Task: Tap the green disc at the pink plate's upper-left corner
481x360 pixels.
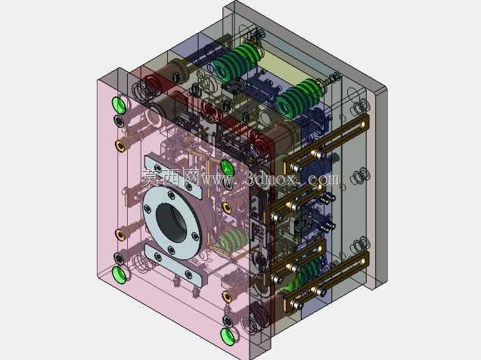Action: pos(119,105)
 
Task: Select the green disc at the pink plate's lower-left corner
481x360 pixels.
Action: pos(119,275)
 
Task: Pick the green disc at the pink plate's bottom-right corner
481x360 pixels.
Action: pos(228,337)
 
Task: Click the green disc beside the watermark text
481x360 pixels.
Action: pos(228,169)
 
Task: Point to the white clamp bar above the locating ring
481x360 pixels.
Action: pos(173,177)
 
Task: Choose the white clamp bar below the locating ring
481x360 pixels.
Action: pos(174,265)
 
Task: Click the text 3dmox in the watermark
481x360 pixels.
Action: pos(271,178)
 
